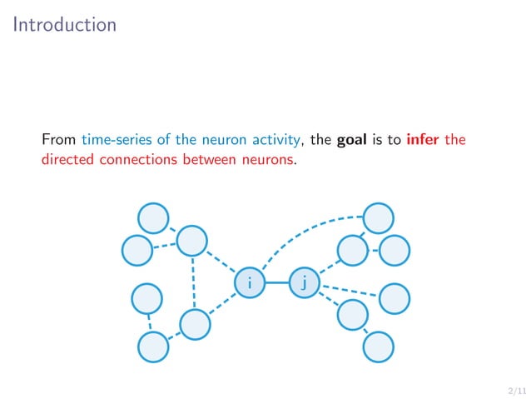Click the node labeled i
coord(249,282)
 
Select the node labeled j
coord(304,282)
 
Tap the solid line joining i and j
coord(276,282)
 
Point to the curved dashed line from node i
coord(300,234)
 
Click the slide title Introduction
coord(65,25)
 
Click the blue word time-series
coord(117,139)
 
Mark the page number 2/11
coord(516,389)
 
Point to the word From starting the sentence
coord(59,139)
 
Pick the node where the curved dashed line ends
coord(379,218)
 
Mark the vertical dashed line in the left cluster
coord(193,282)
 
